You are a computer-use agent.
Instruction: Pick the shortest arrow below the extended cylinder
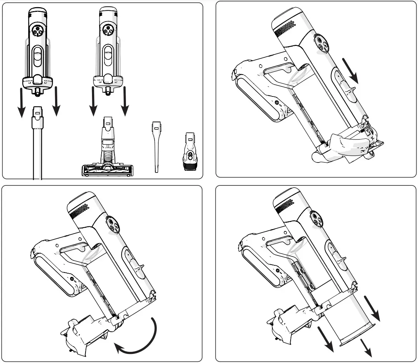tap(366, 348)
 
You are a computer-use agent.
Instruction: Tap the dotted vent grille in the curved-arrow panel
tap(79, 211)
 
